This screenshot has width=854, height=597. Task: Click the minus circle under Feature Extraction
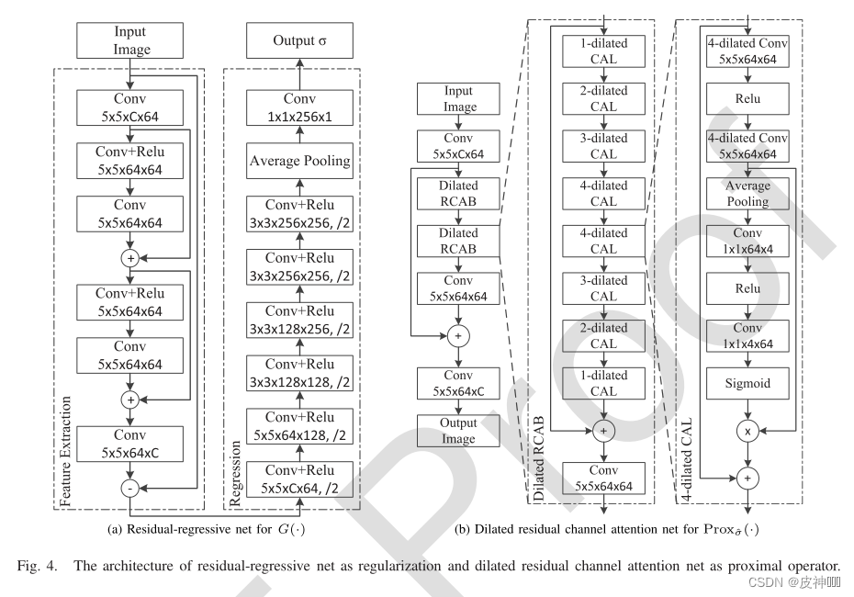coord(130,490)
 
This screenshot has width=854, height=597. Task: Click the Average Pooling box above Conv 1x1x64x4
coord(749,194)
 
